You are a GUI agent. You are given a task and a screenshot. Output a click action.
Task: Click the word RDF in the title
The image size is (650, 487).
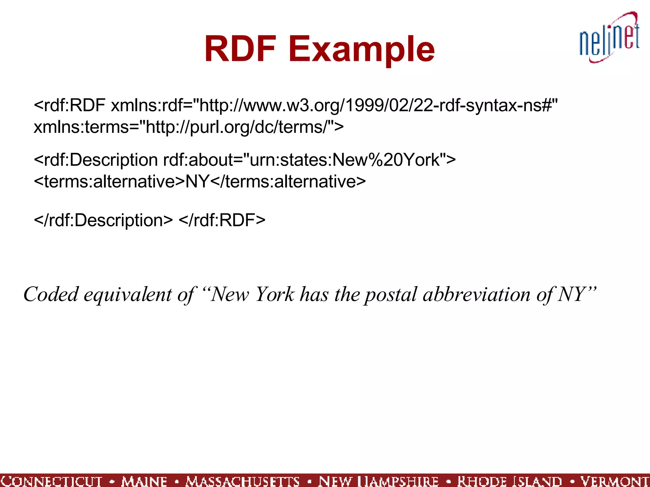(x=240, y=49)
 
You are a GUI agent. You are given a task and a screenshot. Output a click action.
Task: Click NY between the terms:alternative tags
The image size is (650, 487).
(x=197, y=182)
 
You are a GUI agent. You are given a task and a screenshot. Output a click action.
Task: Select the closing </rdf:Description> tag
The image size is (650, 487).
(x=103, y=220)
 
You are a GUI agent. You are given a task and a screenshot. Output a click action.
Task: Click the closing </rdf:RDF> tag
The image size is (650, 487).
(x=222, y=220)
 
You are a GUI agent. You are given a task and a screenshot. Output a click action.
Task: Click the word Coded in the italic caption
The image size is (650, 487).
(x=51, y=295)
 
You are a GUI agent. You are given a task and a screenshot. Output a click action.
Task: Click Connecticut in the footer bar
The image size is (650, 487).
(x=51, y=481)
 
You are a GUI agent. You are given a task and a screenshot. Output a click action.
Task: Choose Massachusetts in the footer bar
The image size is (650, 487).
(x=243, y=481)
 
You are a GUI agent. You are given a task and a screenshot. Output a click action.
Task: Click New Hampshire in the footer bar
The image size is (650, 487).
(x=378, y=481)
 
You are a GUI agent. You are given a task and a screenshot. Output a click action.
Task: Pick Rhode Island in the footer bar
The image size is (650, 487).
(x=510, y=481)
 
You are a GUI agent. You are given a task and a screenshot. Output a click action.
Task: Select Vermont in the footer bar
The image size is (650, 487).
(x=614, y=481)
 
